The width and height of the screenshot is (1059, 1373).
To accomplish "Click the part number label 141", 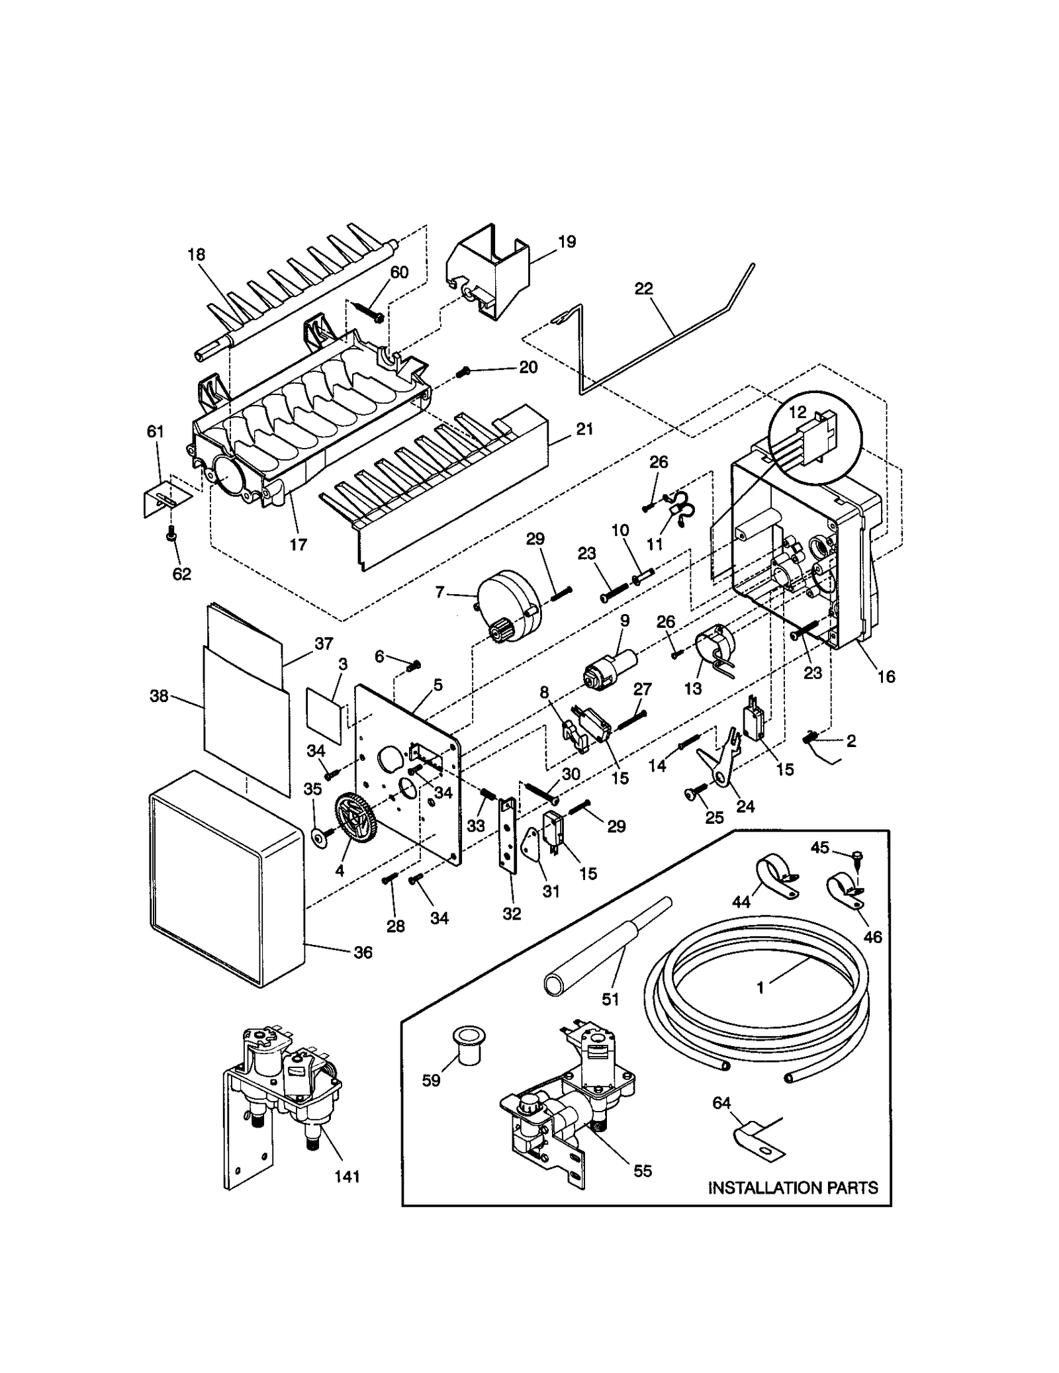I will [x=347, y=1176].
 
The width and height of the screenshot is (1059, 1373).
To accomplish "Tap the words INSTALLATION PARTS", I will [x=792, y=1188].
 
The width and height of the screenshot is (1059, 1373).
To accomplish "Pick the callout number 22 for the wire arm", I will [x=643, y=288].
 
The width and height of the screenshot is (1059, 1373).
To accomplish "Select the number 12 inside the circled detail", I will [x=798, y=412].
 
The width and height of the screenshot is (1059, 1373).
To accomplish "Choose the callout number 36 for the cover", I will [x=363, y=952].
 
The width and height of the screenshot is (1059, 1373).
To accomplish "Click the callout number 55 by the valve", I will [x=642, y=1171].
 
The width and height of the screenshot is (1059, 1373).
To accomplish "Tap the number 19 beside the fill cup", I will [x=567, y=242].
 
